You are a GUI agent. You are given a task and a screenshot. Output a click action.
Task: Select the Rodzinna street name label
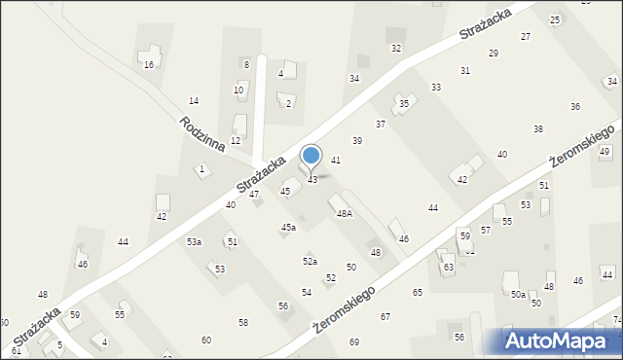click(202, 134)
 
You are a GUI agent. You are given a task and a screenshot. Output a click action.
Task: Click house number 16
click(149, 65)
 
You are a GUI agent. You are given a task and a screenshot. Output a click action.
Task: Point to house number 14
click(194, 101)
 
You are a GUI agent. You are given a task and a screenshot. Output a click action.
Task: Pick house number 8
click(246, 65)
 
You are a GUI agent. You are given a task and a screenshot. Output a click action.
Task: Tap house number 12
click(236, 141)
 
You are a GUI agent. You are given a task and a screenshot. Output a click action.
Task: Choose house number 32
click(396, 48)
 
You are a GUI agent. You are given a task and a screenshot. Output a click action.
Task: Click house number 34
click(354, 79)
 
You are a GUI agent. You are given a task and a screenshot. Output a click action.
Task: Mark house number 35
click(404, 103)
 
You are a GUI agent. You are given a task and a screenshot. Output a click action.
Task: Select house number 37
click(381, 125)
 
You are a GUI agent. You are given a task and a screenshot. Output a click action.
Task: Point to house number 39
click(357, 141)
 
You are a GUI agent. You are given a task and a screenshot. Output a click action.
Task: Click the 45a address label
click(288, 228)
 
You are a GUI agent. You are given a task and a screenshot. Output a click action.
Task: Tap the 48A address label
click(345, 213)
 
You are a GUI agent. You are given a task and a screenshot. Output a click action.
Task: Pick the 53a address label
click(195, 242)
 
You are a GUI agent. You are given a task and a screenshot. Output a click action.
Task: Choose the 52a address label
click(310, 261)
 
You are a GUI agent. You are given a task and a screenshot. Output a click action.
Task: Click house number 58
click(243, 322)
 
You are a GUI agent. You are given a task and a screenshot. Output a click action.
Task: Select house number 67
click(385, 317)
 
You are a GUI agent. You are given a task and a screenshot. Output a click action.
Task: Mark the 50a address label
click(519, 295)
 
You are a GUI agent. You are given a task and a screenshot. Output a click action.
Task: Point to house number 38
click(538, 129)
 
